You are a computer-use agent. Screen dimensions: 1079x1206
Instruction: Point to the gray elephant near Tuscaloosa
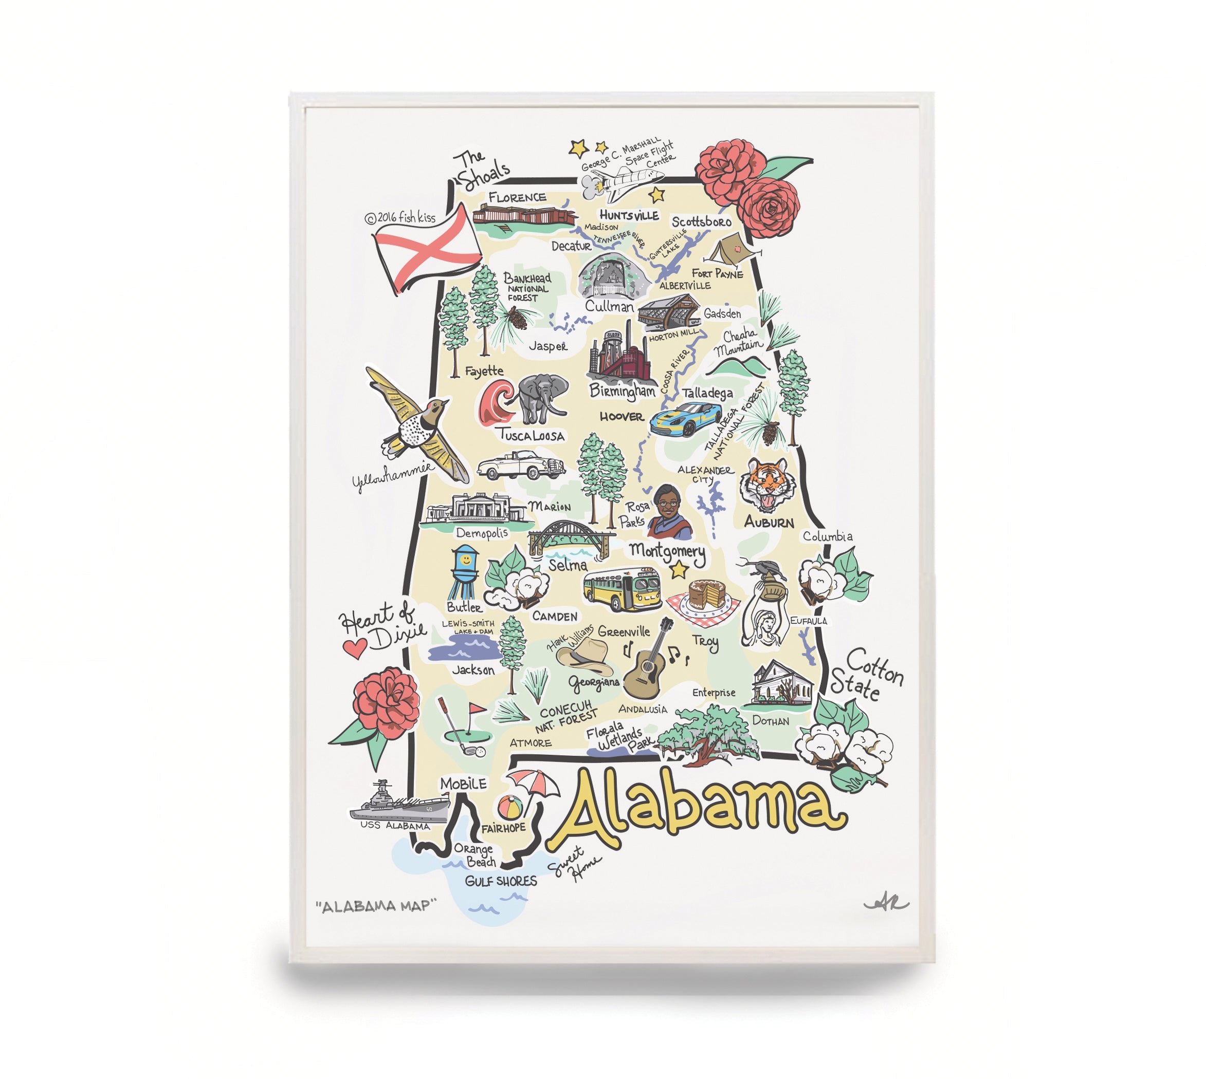pos(540,398)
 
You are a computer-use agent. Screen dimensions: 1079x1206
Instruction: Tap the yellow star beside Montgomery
pos(678,570)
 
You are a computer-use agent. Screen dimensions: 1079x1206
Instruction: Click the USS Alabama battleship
pos(400,803)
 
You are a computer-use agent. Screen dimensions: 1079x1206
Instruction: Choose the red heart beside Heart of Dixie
pos(355,648)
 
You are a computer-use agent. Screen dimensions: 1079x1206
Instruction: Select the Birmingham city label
pos(621,390)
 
